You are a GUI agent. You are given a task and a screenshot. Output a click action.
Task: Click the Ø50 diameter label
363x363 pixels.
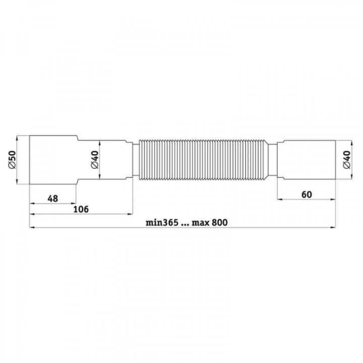click(12, 160)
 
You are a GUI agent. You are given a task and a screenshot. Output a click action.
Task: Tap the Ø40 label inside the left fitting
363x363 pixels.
click(95, 159)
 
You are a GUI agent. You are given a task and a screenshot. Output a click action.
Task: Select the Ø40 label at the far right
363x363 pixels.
click(346, 159)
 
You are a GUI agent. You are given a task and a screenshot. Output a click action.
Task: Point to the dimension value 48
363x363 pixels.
click(53, 199)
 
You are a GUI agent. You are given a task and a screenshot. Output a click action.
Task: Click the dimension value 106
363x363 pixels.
click(81, 209)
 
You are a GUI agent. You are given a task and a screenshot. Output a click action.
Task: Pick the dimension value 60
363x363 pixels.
click(307, 195)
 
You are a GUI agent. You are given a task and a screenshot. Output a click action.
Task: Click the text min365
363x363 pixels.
click(162, 222)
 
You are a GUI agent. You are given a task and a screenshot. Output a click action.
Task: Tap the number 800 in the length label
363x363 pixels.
click(220, 222)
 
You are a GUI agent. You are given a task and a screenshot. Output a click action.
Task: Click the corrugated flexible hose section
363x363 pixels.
click(203, 160)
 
